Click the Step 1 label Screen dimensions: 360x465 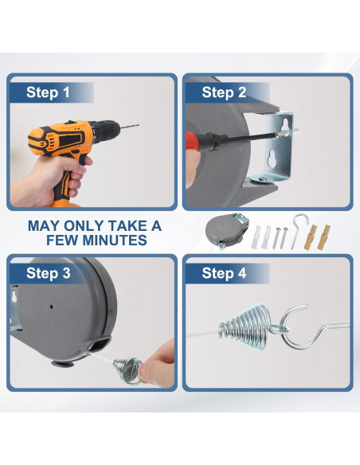click(x=48, y=92)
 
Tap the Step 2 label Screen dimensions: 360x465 click(x=224, y=92)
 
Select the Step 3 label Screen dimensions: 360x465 click(x=49, y=273)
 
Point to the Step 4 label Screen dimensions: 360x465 click(x=224, y=273)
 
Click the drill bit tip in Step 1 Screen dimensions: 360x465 click(x=139, y=126)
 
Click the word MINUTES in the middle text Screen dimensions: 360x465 click(x=115, y=240)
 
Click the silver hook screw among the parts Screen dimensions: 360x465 click(x=298, y=230)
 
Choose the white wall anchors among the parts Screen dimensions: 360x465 click(x=261, y=236)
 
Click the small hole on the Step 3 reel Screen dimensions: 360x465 click(x=51, y=307)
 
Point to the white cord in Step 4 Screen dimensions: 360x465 click(x=202, y=333)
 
